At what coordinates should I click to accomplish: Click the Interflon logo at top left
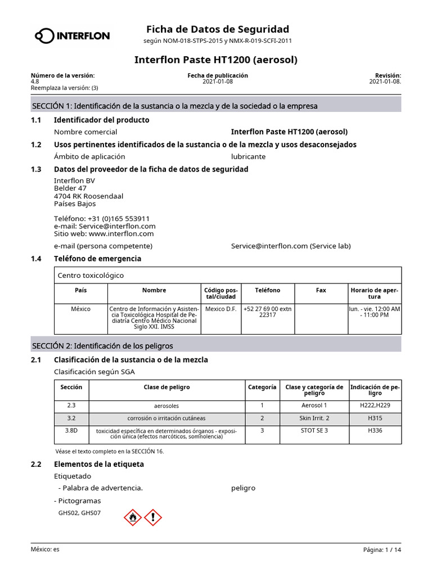72,36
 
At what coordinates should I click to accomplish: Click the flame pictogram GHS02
132,517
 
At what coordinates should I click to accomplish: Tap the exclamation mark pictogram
153,517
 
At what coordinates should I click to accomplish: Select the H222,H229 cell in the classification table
375,405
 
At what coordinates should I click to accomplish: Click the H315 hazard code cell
375,418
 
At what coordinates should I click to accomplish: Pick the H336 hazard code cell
375,430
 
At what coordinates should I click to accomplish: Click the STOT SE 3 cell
314,430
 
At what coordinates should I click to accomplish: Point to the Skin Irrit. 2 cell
314,418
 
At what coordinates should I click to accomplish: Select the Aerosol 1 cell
314,405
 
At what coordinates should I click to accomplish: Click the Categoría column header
262,387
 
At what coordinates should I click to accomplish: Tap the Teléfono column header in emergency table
267,290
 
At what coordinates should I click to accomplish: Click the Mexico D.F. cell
220,309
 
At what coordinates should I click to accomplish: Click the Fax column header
321,290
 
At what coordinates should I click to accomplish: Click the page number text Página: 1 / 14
382,550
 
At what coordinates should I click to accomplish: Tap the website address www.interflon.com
121,233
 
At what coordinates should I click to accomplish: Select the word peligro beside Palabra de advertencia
243,488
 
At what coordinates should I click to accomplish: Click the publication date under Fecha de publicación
218,82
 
